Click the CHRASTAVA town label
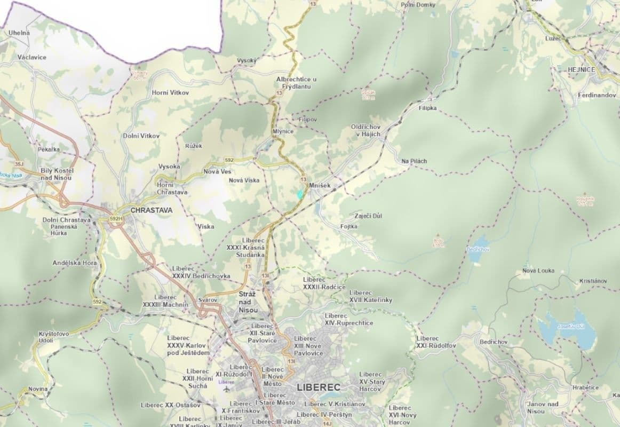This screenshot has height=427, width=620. click(152, 210)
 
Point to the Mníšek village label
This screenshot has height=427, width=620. click(321, 185)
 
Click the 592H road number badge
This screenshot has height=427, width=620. click(116, 218)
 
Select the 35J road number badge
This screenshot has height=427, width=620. click(20, 164)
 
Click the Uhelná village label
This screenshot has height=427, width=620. click(19, 33)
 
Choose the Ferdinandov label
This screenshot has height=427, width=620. click(596, 95)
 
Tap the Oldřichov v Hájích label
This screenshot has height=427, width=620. click(365, 130)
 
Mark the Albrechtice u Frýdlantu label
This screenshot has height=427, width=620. click(296, 83)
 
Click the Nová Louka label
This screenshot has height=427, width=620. click(538, 271)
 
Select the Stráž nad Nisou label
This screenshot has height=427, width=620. click(248, 302)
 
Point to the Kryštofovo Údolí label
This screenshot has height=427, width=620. click(53, 337)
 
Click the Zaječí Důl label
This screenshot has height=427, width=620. click(368, 216)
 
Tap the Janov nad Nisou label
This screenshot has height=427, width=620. click(542, 407)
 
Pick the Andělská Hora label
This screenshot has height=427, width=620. click(75, 263)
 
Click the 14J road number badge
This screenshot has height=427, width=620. click(328, 423)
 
